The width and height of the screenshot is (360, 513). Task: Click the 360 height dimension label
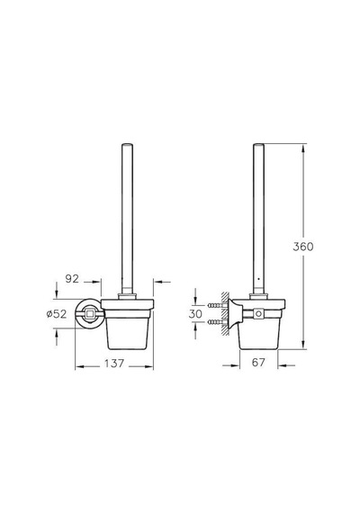[x=302, y=247]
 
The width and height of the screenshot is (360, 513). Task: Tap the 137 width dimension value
[x=114, y=364]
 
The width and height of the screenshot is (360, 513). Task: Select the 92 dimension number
[x=72, y=279]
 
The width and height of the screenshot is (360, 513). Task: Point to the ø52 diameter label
[x=57, y=314]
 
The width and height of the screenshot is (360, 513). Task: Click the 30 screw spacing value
[x=195, y=314]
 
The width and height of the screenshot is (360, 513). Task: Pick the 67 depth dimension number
[x=258, y=362]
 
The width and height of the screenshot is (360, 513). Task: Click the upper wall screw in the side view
[x=217, y=305]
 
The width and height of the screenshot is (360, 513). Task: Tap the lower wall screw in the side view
[x=217, y=322]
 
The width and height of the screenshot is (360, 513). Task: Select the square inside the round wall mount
[x=90, y=314]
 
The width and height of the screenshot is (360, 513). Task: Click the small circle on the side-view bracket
[x=258, y=314]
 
